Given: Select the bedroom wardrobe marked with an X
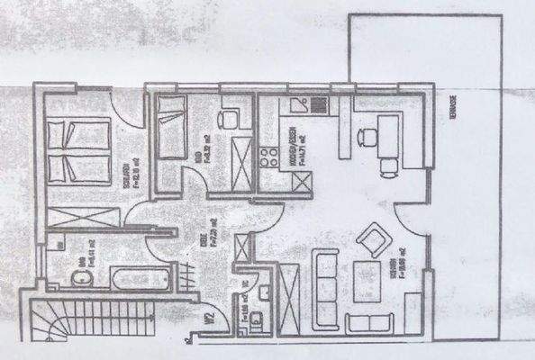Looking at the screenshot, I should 83,218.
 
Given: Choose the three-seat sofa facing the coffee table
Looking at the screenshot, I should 324,283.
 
